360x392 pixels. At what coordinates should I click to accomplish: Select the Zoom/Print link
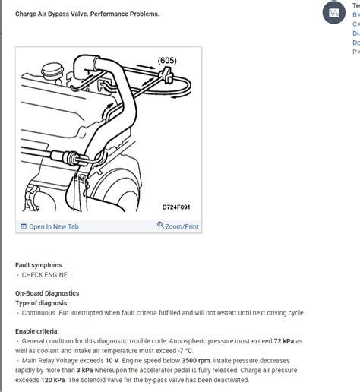(x=182, y=226)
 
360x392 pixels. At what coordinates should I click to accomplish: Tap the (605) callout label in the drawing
(x=168, y=60)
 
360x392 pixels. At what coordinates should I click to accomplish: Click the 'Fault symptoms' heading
(x=39, y=265)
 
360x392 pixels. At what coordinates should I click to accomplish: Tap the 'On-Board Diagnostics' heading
(x=47, y=293)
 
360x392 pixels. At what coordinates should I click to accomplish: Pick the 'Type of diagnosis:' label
(x=44, y=302)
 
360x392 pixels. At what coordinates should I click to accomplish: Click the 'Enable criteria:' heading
(x=37, y=331)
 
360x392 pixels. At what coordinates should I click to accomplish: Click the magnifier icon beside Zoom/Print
(x=160, y=226)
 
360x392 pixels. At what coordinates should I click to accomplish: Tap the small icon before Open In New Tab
(x=24, y=226)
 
